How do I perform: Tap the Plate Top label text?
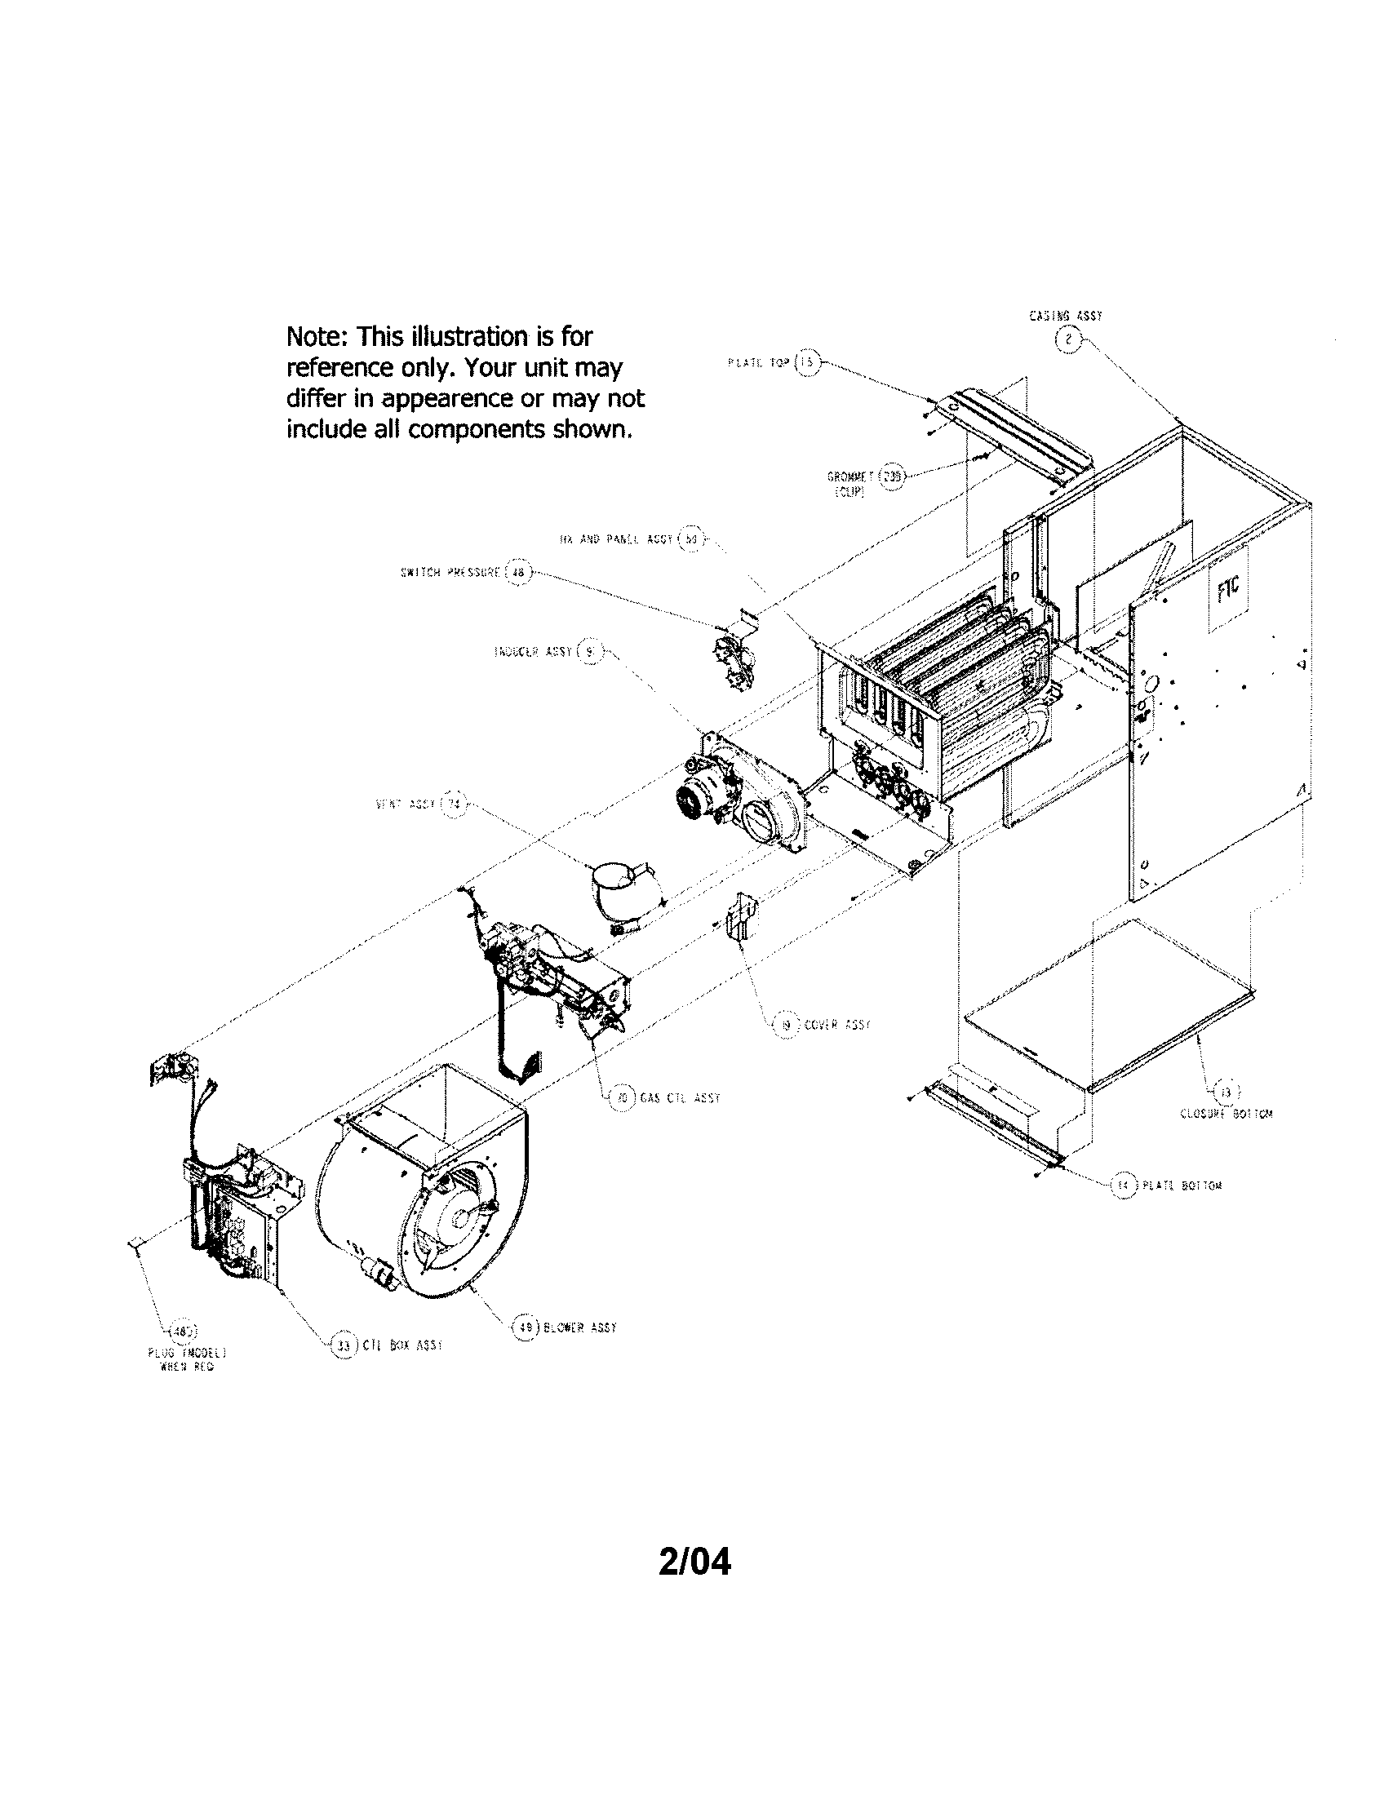tap(758, 362)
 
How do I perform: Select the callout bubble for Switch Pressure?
tap(517, 573)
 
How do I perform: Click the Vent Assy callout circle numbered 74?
tap(453, 804)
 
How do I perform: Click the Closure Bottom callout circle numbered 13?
tap(1227, 1093)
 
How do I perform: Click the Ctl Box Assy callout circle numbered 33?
tap(344, 1345)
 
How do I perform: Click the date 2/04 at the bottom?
tap(694, 1562)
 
